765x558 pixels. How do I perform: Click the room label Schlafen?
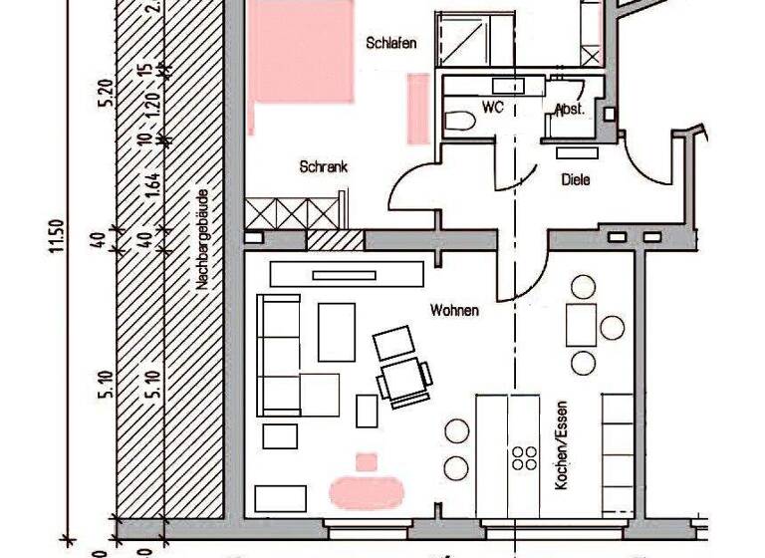(x=390, y=43)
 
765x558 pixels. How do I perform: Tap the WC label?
(x=493, y=106)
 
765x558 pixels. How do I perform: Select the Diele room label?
(x=576, y=180)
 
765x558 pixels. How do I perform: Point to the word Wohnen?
(x=454, y=311)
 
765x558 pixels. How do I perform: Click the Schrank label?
(x=323, y=168)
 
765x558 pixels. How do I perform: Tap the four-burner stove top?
(x=523, y=457)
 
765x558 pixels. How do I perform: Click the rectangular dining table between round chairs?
(x=581, y=324)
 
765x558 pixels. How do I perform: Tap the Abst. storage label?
(x=570, y=109)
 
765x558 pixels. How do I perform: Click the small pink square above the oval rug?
(x=367, y=461)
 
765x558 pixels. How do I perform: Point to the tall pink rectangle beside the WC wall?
(x=418, y=108)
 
